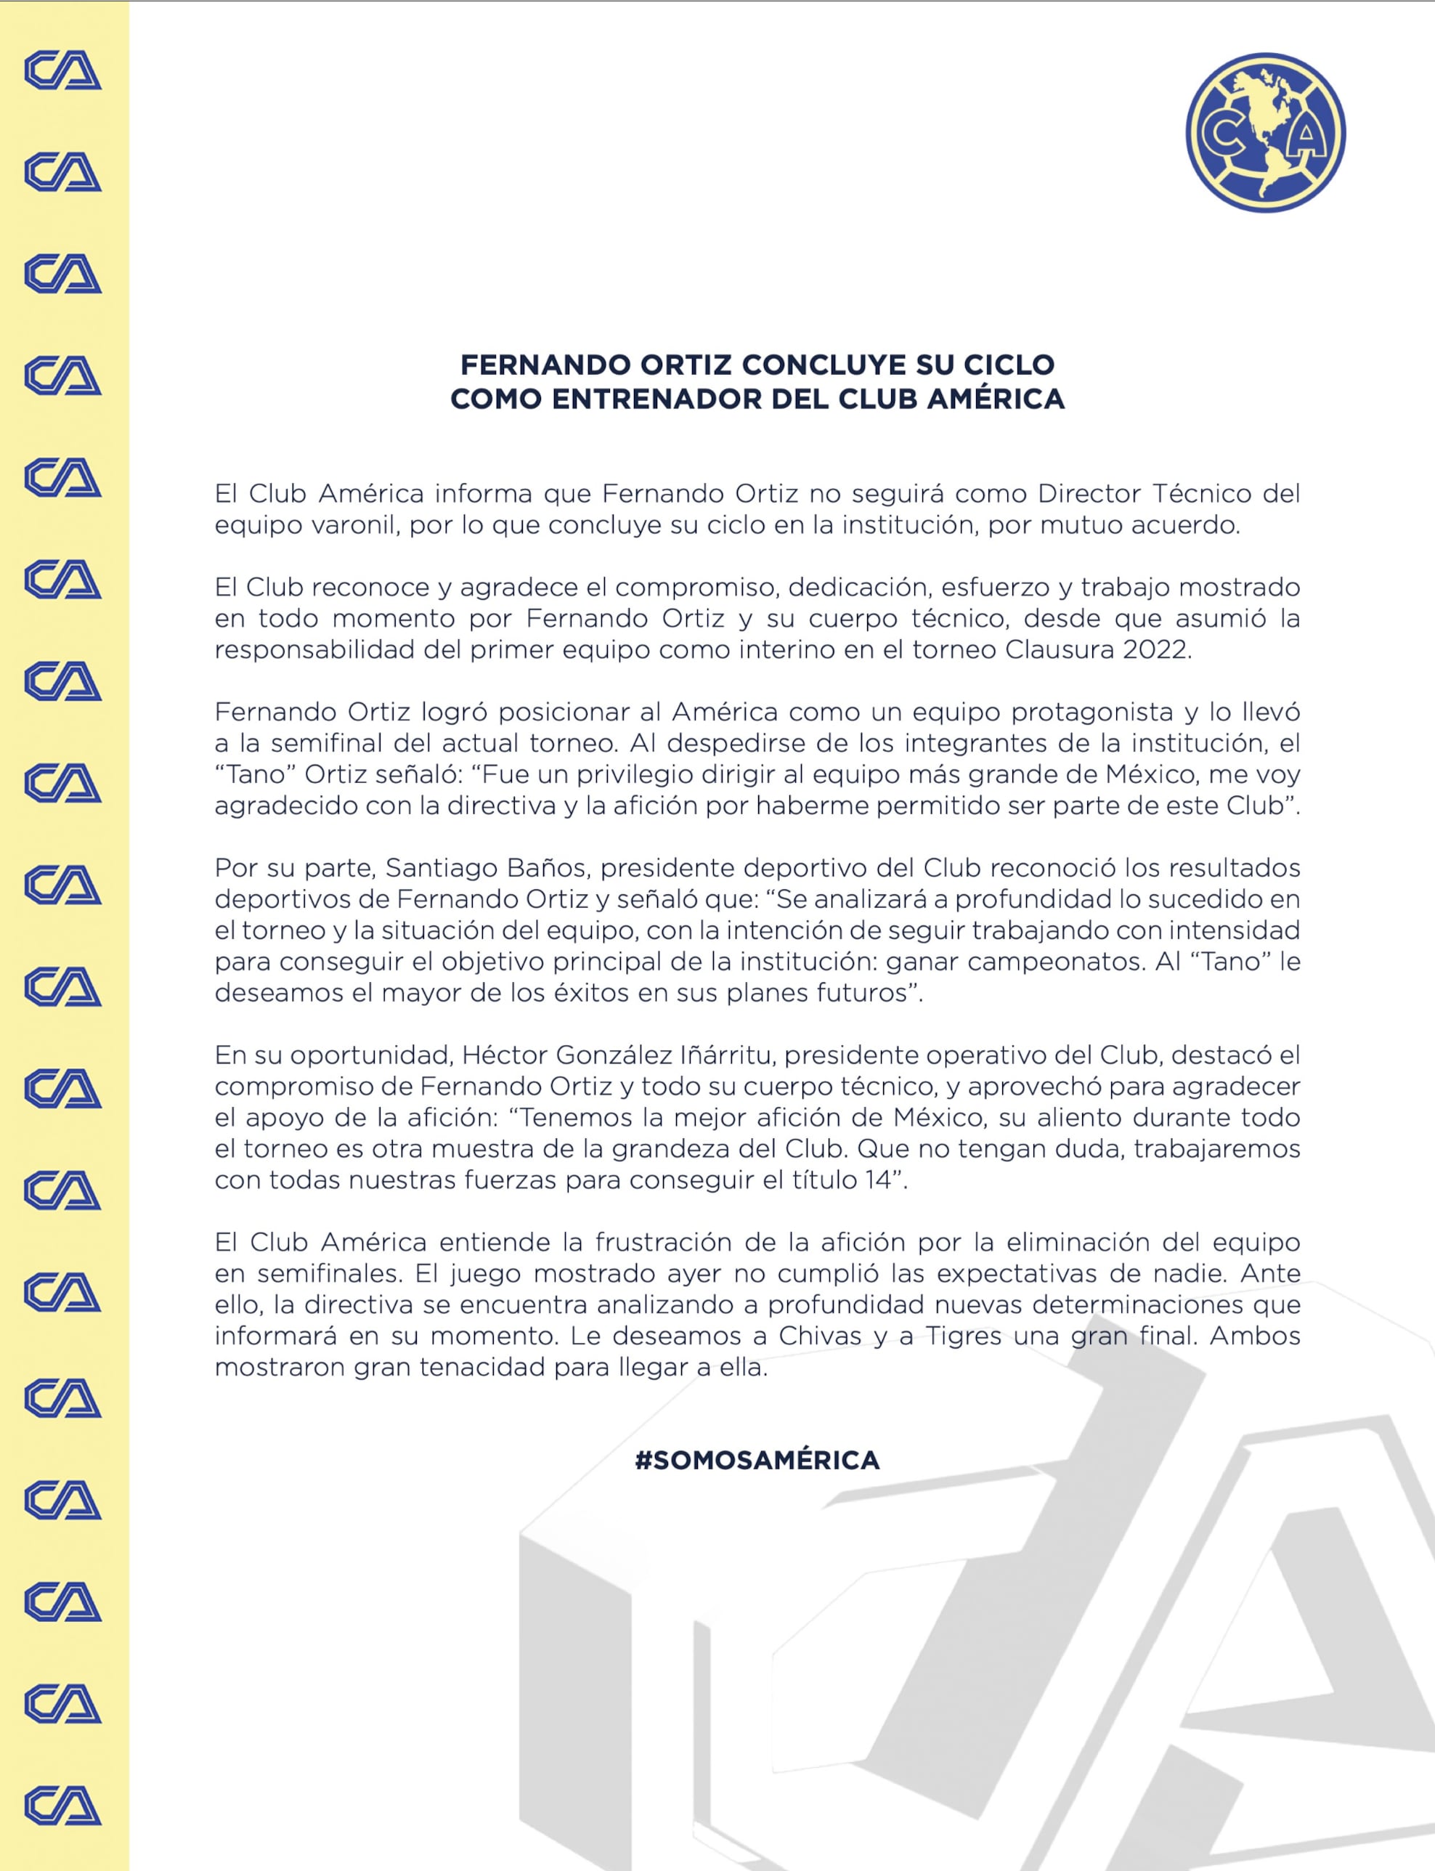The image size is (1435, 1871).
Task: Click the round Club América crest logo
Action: coord(1265,132)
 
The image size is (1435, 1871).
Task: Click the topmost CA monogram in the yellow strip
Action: coord(63,72)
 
